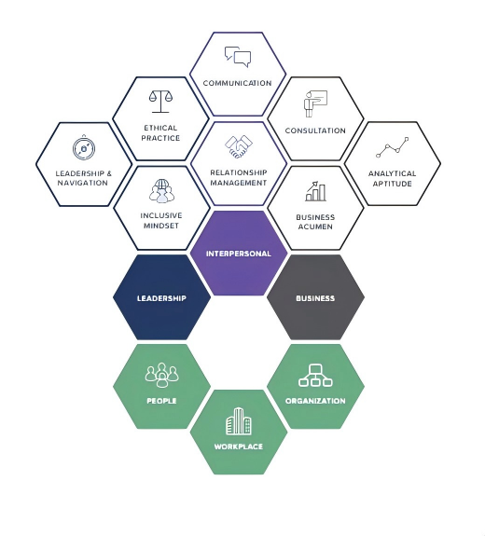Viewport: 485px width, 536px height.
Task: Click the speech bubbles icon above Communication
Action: coord(238,57)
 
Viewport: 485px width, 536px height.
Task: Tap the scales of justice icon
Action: coord(160,102)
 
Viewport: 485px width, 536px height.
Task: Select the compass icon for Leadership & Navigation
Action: coord(84,147)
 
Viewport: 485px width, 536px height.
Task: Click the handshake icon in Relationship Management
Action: coord(239,146)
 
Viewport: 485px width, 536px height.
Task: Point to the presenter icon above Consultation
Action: coord(315,103)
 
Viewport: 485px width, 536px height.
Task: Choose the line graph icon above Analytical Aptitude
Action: coord(393,147)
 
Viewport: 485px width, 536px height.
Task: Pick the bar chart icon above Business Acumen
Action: coord(315,191)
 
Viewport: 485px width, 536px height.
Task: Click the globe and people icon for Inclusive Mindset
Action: coord(161,190)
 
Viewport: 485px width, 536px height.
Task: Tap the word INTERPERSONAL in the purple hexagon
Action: coord(239,254)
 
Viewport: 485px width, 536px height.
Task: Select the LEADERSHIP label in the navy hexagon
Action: coord(161,298)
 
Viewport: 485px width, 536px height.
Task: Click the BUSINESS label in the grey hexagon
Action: coord(315,298)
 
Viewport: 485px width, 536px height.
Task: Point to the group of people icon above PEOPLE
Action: coord(161,375)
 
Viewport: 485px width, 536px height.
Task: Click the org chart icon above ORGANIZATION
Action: coord(315,376)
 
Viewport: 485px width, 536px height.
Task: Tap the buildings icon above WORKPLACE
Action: coord(239,421)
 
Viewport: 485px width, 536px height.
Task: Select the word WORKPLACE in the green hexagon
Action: coord(239,447)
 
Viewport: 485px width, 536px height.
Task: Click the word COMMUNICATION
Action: coord(237,83)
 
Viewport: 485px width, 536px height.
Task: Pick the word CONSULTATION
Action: coord(315,131)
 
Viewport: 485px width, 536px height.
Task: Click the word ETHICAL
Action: coord(160,128)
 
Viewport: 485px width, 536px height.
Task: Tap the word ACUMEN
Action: coord(315,227)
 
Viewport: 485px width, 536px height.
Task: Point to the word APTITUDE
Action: coord(393,184)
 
